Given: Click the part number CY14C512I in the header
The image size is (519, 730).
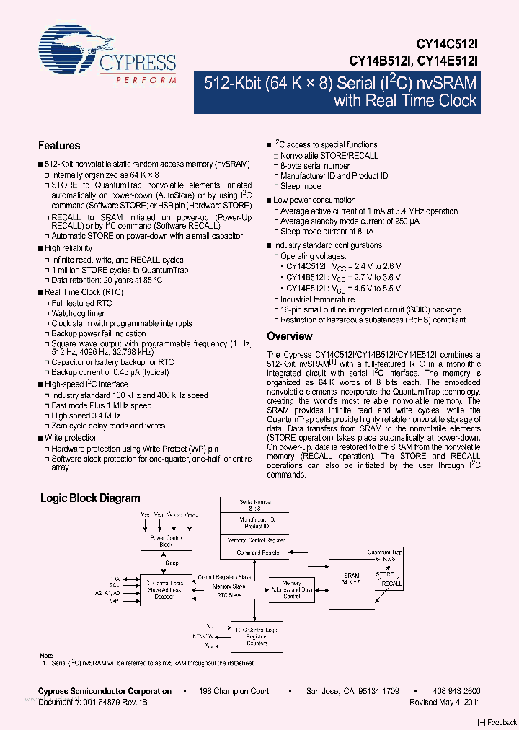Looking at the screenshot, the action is click(448, 45).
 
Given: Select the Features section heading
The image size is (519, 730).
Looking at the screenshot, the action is click(59, 146).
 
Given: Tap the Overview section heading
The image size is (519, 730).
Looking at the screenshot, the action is click(289, 336).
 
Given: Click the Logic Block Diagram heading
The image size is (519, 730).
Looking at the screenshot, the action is click(90, 498).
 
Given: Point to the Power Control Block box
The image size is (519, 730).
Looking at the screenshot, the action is click(166, 542).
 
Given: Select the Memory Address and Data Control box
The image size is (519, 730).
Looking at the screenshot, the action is click(291, 590).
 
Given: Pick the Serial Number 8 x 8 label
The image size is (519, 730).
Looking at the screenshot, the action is click(257, 506).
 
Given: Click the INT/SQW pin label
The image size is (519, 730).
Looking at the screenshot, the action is click(203, 636).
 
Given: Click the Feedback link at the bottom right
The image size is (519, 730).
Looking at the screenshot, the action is click(497, 722).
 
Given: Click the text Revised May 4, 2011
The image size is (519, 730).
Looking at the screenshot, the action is click(445, 701).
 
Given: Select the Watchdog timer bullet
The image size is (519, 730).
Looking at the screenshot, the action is click(78, 314).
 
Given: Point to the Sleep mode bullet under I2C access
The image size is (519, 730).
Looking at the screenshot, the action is click(301, 186).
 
